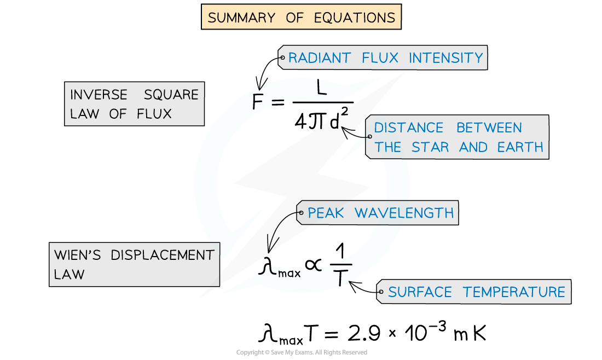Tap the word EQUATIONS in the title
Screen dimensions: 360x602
pyautogui.click(x=355, y=18)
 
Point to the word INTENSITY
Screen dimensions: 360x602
pyautogui.click(x=446, y=58)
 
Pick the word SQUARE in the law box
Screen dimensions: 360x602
pyautogui.click(x=171, y=95)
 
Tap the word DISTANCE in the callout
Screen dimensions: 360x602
pyautogui.click(x=408, y=128)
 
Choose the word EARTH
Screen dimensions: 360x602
pyautogui.click(x=520, y=147)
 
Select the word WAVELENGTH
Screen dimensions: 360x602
pyautogui.click(x=404, y=213)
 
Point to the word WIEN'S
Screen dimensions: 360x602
pyautogui.click(x=77, y=256)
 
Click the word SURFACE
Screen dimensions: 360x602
pyautogui.click(x=419, y=292)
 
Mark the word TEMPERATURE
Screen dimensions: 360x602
pyautogui.click(x=514, y=292)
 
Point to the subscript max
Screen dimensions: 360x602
pyautogui.click(x=290, y=273)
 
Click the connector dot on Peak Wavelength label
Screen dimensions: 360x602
pyautogui.click(x=300, y=213)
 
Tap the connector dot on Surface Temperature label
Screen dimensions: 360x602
pyautogui.click(x=381, y=292)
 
